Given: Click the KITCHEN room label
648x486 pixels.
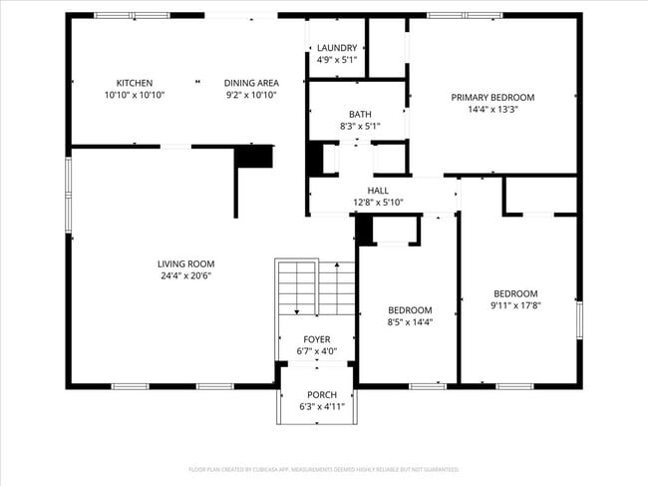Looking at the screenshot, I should [x=134, y=83].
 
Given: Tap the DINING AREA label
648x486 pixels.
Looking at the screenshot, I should [x=250, y=83].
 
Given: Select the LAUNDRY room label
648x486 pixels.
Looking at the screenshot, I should [x=337, y=46].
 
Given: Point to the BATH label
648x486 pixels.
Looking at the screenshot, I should [x=360, y=114].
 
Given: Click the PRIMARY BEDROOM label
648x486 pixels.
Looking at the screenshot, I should [x=492, y=97].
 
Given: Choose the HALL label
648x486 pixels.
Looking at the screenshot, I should [x=378, y=190].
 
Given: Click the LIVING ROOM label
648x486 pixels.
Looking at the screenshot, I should [x=185, y=263].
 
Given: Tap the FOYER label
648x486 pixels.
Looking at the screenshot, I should [x=317, y=339].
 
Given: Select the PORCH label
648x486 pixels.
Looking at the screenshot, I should [x=321, y=394].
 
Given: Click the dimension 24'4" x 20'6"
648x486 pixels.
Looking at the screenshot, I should [x=185, y=275].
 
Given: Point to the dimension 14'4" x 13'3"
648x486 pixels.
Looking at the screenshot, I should [x=492, y=109].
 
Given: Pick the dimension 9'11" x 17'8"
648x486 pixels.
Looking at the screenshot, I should [x=515, y=305].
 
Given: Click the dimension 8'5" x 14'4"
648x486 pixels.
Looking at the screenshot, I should [x=410, y=321].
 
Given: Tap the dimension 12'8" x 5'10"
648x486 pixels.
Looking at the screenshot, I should [x=378, y=202].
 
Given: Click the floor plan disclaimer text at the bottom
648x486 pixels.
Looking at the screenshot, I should [x=323, y=469].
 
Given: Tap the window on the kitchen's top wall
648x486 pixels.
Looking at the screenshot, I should [x=132, y=15].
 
